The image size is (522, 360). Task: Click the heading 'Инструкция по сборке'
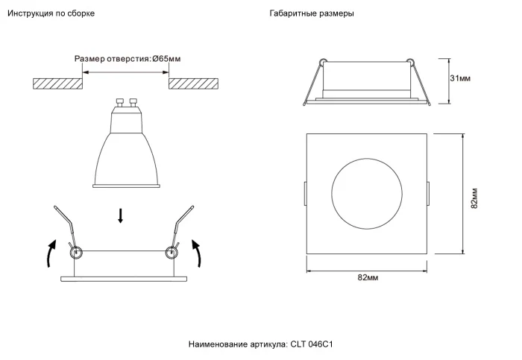coord(51,14)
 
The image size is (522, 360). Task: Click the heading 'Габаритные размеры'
coord(312,14)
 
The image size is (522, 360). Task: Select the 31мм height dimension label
coord(460,78)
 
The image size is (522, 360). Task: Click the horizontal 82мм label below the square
coord(368,277)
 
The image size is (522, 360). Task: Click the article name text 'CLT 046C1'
coord(311,344)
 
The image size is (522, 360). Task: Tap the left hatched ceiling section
coord(57,83)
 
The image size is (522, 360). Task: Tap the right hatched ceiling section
coord(195,83)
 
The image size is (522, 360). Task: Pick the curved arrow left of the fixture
coord(50,253)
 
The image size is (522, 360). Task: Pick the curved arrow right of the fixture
coord(198,253)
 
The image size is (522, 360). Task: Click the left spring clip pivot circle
coord(76,253)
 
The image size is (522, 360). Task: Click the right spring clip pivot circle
coord(172,253)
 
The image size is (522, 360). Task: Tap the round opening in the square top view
coord(368,194)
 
